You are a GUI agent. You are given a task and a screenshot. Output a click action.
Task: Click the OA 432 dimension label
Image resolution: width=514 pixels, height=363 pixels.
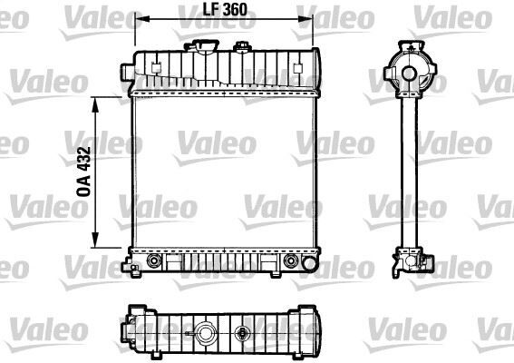82,172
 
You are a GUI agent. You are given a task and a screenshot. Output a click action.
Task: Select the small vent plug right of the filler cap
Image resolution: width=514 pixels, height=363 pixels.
242,47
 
